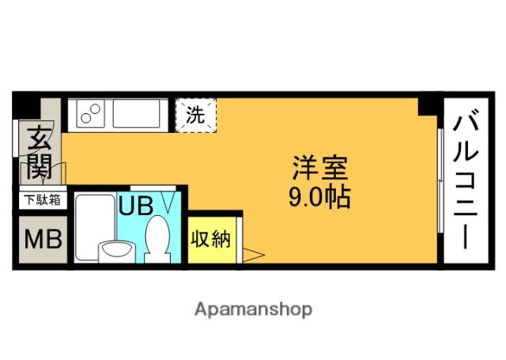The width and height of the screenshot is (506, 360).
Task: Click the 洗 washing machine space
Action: [194, 115]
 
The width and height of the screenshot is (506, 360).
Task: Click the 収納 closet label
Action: [210, 239]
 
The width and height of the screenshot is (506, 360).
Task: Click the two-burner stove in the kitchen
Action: [91, 115]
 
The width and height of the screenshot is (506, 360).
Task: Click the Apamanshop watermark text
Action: [253, 309]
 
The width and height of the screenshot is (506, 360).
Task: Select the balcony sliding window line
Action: [440, 182]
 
